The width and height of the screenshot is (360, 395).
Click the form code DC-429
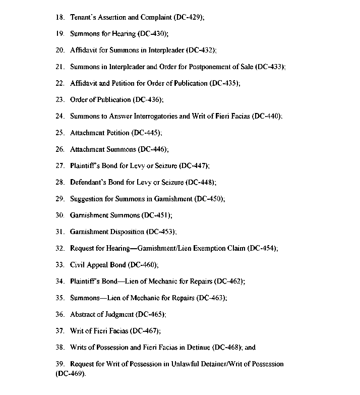click(189, 17)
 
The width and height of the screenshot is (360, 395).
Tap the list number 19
click(59, 34)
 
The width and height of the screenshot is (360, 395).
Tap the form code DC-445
click(146, 133)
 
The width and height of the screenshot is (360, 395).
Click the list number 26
click(59, 149)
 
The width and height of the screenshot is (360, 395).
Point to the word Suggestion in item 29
click(87, 199)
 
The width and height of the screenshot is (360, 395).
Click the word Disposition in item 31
click(123, 232)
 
